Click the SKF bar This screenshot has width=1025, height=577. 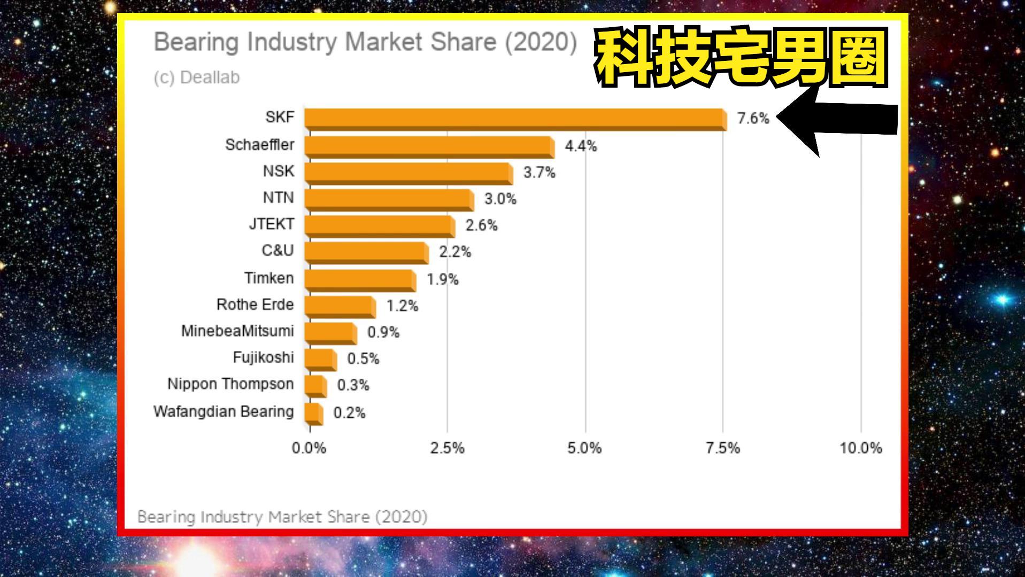pyautogui.click(x=515, y=119)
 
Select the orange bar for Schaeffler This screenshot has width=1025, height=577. pyautogui.click(x=429, y=146)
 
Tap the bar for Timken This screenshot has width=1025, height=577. pyautogui.click(x=360, y=279)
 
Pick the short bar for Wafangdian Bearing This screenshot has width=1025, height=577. pyautogui.click(x=313, y=413)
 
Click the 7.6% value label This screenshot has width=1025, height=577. pyautogui.click(x=753, y=119)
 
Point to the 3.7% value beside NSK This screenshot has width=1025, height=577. pyautogui.click(x=539, y=173)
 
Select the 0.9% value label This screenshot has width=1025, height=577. pyautogui.click(x=383, y=332)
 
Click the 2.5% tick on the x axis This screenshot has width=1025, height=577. pyautogui.click(x=447, y=448)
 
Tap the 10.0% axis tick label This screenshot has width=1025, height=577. pyautogui.click(x=860, y=448)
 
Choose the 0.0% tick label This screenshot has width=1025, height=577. pyautogui.click(x=309, y=448)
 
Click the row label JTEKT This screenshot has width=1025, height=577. pyautogui.click(x=272, y=224)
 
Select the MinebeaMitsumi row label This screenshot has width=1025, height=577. pyautogui.click(x=237, y=331)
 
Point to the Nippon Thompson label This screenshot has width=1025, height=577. pyautogui.click(x=230, y=384)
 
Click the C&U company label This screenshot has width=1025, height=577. pyautogui.click(x=278, y=251)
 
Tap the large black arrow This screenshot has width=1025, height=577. pyautogui.click(x=839, y=120)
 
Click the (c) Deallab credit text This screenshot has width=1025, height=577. pyautogui.click(x=197, y=77)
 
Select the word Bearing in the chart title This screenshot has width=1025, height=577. pyautogui.click(x=196, y=42)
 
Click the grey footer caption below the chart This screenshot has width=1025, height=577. pyautogui.click(x=282, y=517)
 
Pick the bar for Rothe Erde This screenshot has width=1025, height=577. pyautogui.click(x=340, y=306)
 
